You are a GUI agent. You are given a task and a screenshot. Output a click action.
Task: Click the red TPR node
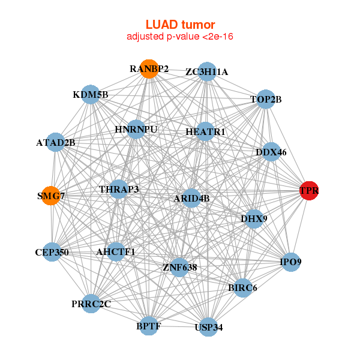point(308,191)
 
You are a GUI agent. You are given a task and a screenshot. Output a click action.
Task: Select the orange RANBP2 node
point(149,69)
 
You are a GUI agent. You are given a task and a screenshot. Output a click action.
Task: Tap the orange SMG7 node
point(51,196)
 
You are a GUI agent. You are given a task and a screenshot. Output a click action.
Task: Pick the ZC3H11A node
point(207,71)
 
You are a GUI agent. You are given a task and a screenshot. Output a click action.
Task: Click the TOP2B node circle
point(266,99)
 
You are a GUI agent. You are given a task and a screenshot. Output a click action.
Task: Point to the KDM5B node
point(90,94)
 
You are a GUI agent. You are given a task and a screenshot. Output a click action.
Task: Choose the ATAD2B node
point(55,142)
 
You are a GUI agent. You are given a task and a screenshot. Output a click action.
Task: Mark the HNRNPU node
point(136,129)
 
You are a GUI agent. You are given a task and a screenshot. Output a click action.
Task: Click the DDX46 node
point(271,152)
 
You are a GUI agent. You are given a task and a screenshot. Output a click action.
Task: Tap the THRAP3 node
point(119,190)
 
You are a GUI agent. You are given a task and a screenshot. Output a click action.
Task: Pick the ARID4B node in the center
point(191,198)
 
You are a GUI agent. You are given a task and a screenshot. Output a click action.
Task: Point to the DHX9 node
point(253,218)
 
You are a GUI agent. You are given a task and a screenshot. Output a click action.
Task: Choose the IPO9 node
point(290,262)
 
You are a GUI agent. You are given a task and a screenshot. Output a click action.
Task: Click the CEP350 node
point(52,252)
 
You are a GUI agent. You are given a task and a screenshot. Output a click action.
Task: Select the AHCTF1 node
point(116,252)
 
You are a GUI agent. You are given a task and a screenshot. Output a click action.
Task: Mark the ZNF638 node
point(179,266)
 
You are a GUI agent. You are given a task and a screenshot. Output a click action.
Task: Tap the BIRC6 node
point(242,288)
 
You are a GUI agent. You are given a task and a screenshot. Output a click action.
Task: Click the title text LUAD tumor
point(180,25)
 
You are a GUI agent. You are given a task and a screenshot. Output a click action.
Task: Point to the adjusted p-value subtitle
point(180,37)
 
